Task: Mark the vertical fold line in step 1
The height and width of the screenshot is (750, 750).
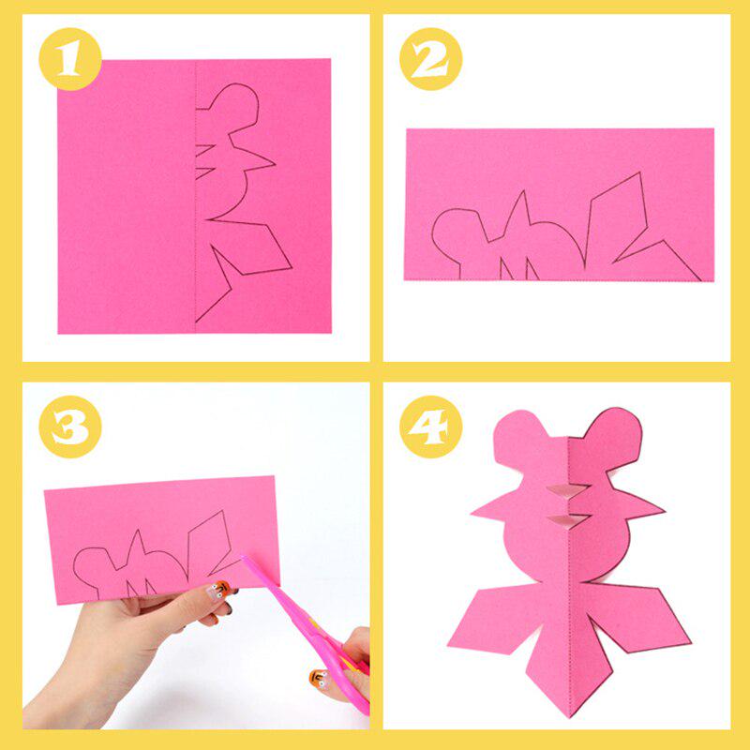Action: [195, 187]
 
